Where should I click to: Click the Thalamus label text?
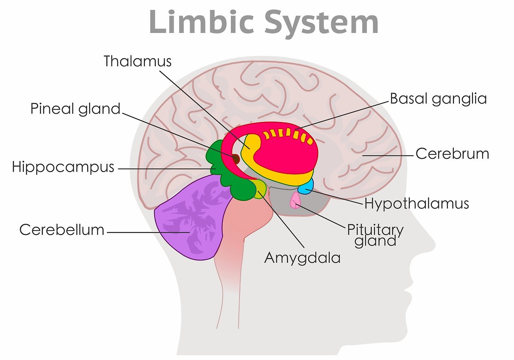click(x=137, y=61)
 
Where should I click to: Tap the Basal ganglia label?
click(x=438, y=98)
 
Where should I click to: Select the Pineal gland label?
click(x=75, y=108)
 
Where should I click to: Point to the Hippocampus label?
click(x=63, y=167)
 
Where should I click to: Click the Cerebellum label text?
click(x=62, y=230)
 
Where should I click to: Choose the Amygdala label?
click(x=302, y=258)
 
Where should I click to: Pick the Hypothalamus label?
click(x=416, y=203)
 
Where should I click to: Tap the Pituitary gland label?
click(x=375, y=235)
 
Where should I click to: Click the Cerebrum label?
click(x=452, y=153)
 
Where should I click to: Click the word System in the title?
click(x=322, y=22)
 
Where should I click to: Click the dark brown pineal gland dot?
click(x=235, y=159)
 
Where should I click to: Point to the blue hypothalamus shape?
click(x=306, y=187)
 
